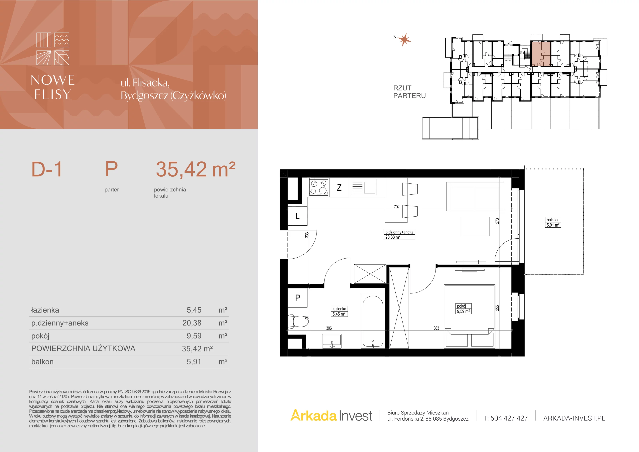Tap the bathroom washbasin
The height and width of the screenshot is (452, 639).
(x=332, y=341)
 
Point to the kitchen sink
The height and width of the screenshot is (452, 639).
(x=363, y=187)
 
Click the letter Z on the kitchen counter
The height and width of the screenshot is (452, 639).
(x=339, y=188)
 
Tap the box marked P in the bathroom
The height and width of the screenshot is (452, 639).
(x=298, y=298)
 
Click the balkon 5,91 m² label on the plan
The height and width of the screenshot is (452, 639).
(x=553, y=222)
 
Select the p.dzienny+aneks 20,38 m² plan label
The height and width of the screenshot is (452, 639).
(x=400, y=235)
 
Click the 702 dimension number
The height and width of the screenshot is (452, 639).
(x=397, y=207)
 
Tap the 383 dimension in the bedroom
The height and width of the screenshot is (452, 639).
(x=436, y=328)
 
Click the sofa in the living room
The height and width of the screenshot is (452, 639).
(x=475, y=196)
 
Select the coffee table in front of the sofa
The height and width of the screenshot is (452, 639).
(x=475, y=226)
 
